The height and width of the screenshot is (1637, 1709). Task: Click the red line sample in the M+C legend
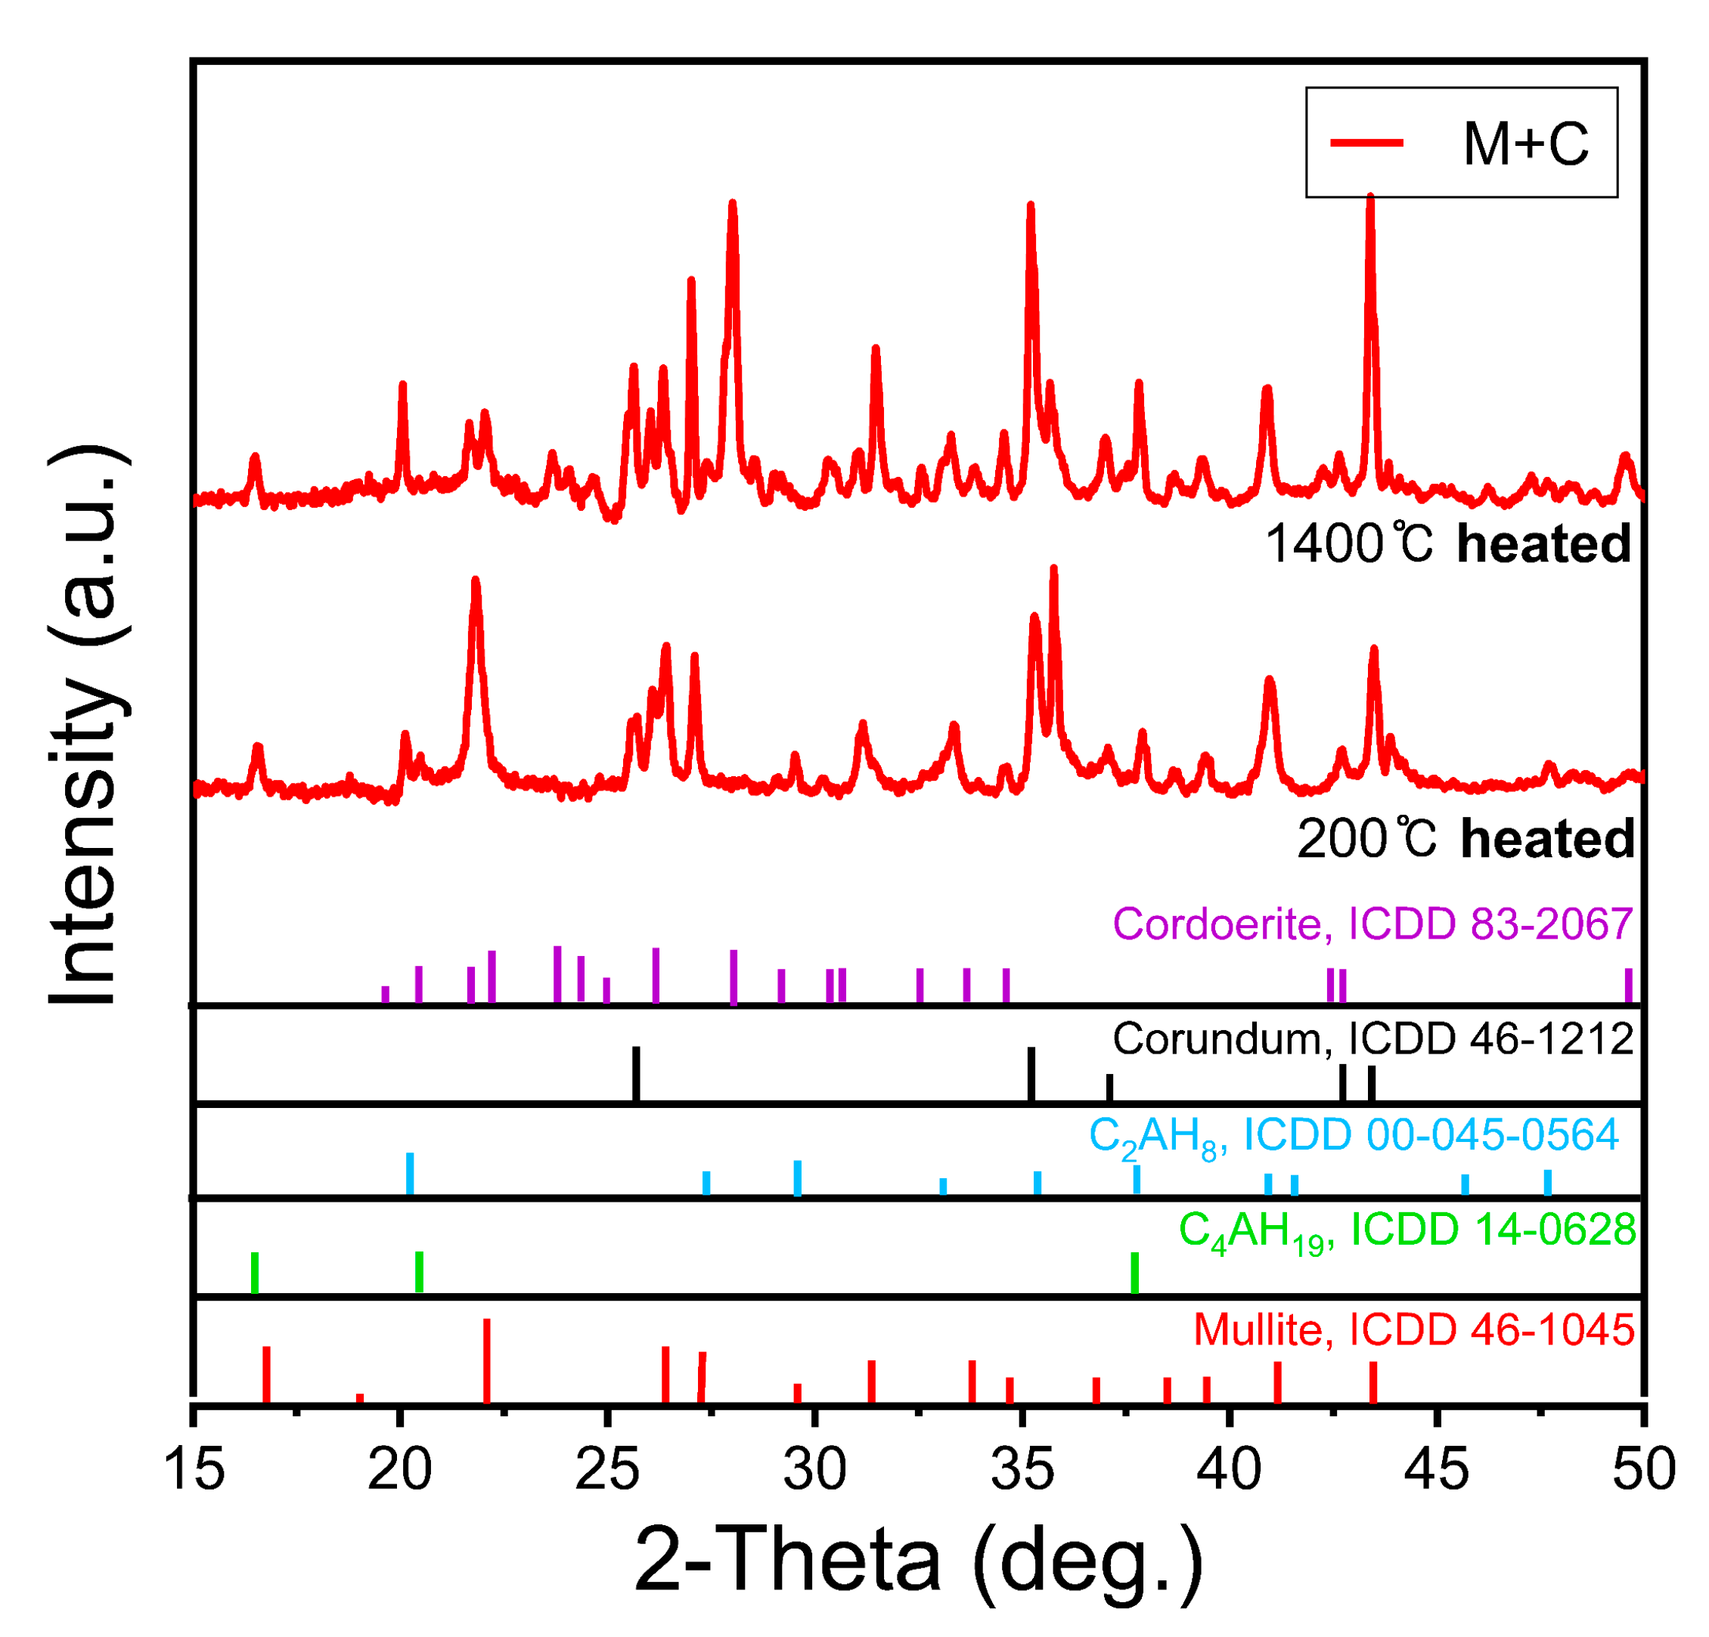click(1366, 143)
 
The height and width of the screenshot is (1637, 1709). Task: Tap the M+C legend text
click(1525, 144)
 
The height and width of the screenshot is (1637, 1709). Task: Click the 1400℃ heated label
click(1447, 544)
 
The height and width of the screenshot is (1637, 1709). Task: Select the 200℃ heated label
click(1465, 840)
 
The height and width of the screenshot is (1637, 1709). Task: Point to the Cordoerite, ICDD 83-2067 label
click(1372, 924)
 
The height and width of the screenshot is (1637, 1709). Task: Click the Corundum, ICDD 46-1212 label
click(1372, 1039)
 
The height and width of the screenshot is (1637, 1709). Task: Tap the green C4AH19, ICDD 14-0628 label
click(1407, 1231)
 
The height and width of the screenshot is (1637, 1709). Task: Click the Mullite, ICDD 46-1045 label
click(1413, 1330)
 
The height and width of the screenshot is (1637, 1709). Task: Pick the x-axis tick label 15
click(194, 1470)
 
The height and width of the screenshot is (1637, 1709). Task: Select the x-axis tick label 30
click(814, 1470)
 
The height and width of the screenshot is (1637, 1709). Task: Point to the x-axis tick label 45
click(1436, 1470)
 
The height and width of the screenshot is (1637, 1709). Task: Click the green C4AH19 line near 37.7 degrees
click(1134, 1273)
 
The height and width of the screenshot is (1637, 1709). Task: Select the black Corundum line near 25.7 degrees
click(636, 1075)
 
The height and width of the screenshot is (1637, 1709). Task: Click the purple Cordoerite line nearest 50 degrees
click(1628, 986)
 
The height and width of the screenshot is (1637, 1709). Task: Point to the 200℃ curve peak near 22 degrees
click(475, 582)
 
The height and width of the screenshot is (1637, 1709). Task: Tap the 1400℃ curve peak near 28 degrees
click(733, 206)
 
